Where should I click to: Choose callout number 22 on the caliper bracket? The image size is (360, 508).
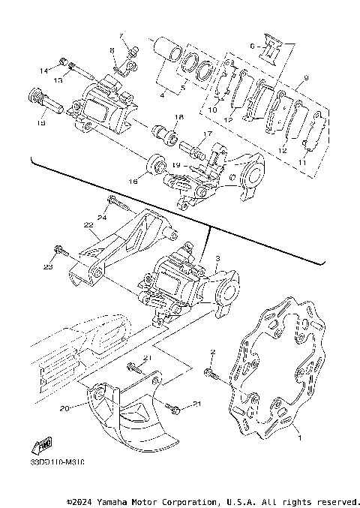point(88,224)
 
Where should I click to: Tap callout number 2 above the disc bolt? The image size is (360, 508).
point(212,352)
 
